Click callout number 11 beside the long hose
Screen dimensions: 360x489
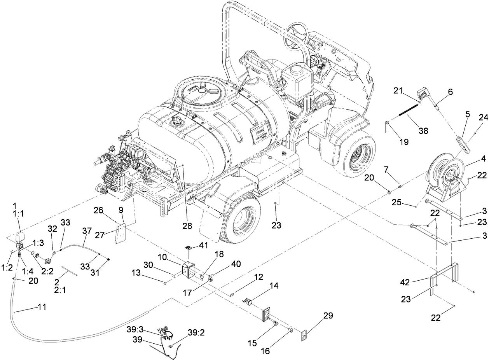click(42, 307)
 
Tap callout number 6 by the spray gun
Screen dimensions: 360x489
click(451, 92)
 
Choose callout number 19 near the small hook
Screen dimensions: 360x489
click(403, 142)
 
